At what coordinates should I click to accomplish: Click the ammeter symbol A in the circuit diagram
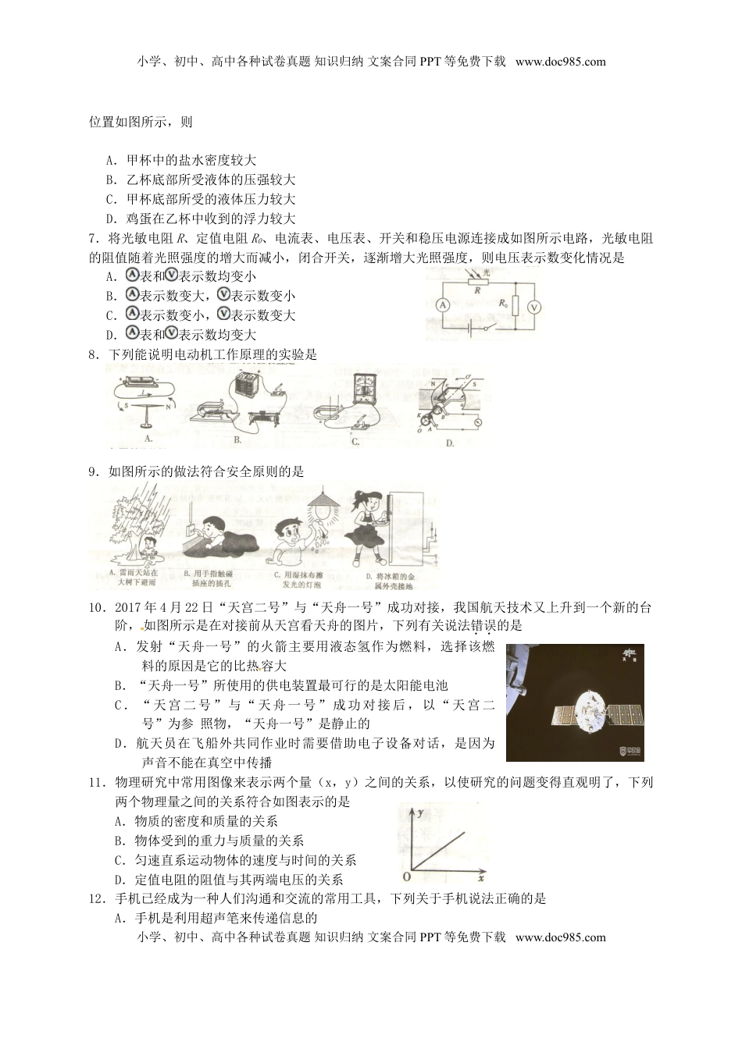tap(442, 305)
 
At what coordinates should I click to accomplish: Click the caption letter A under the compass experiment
tap(148, 438)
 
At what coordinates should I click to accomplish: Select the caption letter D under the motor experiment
tap(449, 443)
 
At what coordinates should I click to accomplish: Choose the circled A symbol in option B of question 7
tap(132, 295)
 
